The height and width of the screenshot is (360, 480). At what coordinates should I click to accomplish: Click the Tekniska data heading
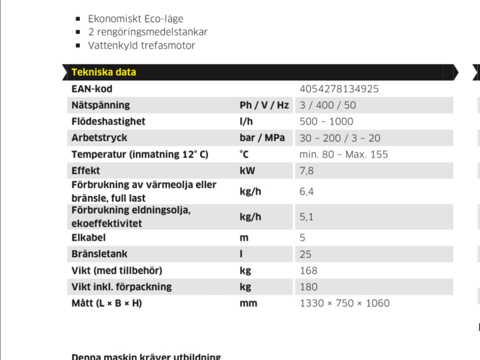pyautogui.click(x=103, y=73)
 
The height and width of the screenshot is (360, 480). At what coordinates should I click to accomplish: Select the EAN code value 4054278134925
pyautogui.click(x=339, y=89)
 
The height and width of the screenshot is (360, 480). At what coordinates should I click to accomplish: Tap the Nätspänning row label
pyautogui.click(x=101, y=105)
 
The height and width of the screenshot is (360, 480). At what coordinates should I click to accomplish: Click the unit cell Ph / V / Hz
pyautogui.click(x=264, y=105)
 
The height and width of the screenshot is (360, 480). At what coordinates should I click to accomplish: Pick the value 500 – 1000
pyautogui.click(x=326, y=122)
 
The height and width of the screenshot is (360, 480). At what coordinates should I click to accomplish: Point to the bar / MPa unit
pyautogui.click(x=262, y=138)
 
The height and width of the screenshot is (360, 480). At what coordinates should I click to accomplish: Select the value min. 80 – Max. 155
pyautogui.click(x=343, y=155)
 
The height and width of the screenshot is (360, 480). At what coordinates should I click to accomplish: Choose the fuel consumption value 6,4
pyautogui.click(x=306, y=192)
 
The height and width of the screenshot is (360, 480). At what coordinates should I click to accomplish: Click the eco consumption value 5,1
pyautogui.click(x=306, y=217)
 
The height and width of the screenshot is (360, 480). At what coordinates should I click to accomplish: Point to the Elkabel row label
pyautogui.click(x=89, y=238)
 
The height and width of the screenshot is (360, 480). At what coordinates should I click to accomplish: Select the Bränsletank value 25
pyautogui.click(x=306, y=254)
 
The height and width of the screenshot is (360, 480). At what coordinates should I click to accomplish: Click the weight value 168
pyautogui.click(x=308, y=270)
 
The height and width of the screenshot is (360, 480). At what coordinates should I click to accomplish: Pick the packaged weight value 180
pyautogui.click(x=308, y=287)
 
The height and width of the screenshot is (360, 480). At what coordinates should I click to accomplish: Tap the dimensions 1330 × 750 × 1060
pyautogui.click(x=345, y=303)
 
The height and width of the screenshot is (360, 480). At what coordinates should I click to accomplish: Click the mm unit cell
pyautogui.click(x=248, y=303)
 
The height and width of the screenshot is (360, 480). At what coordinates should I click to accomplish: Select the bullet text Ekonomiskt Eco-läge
pyautogui.click(x=135, y=20)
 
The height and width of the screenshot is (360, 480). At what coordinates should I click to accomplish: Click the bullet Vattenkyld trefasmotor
pyautogui.click(x=141, y=45)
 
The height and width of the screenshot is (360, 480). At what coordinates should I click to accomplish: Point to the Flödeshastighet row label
pyautogui.click(x=108, y=122)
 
